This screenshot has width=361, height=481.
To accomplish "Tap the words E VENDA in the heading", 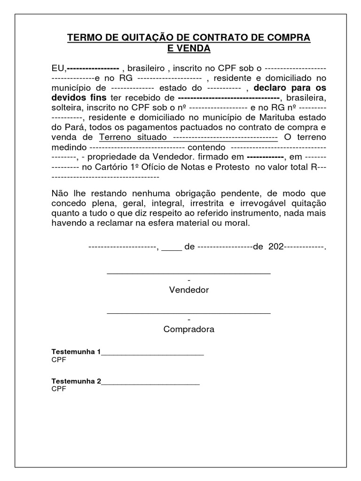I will [x=189, y=48].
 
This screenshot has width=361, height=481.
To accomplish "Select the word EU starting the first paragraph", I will [x=56, y=68].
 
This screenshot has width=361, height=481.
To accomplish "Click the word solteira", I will [x=66, y=108].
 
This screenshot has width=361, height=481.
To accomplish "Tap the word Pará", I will [x=74, y=127].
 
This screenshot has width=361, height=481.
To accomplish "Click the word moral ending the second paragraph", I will [x=236, y=223].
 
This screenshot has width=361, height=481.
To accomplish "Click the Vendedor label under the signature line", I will [x=189, y=290].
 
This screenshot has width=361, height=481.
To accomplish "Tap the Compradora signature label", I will [x=189, y=329].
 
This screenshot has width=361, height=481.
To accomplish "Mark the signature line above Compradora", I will [x=189, y=312].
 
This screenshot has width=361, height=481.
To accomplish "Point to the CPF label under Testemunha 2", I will [x=59, y=389].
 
